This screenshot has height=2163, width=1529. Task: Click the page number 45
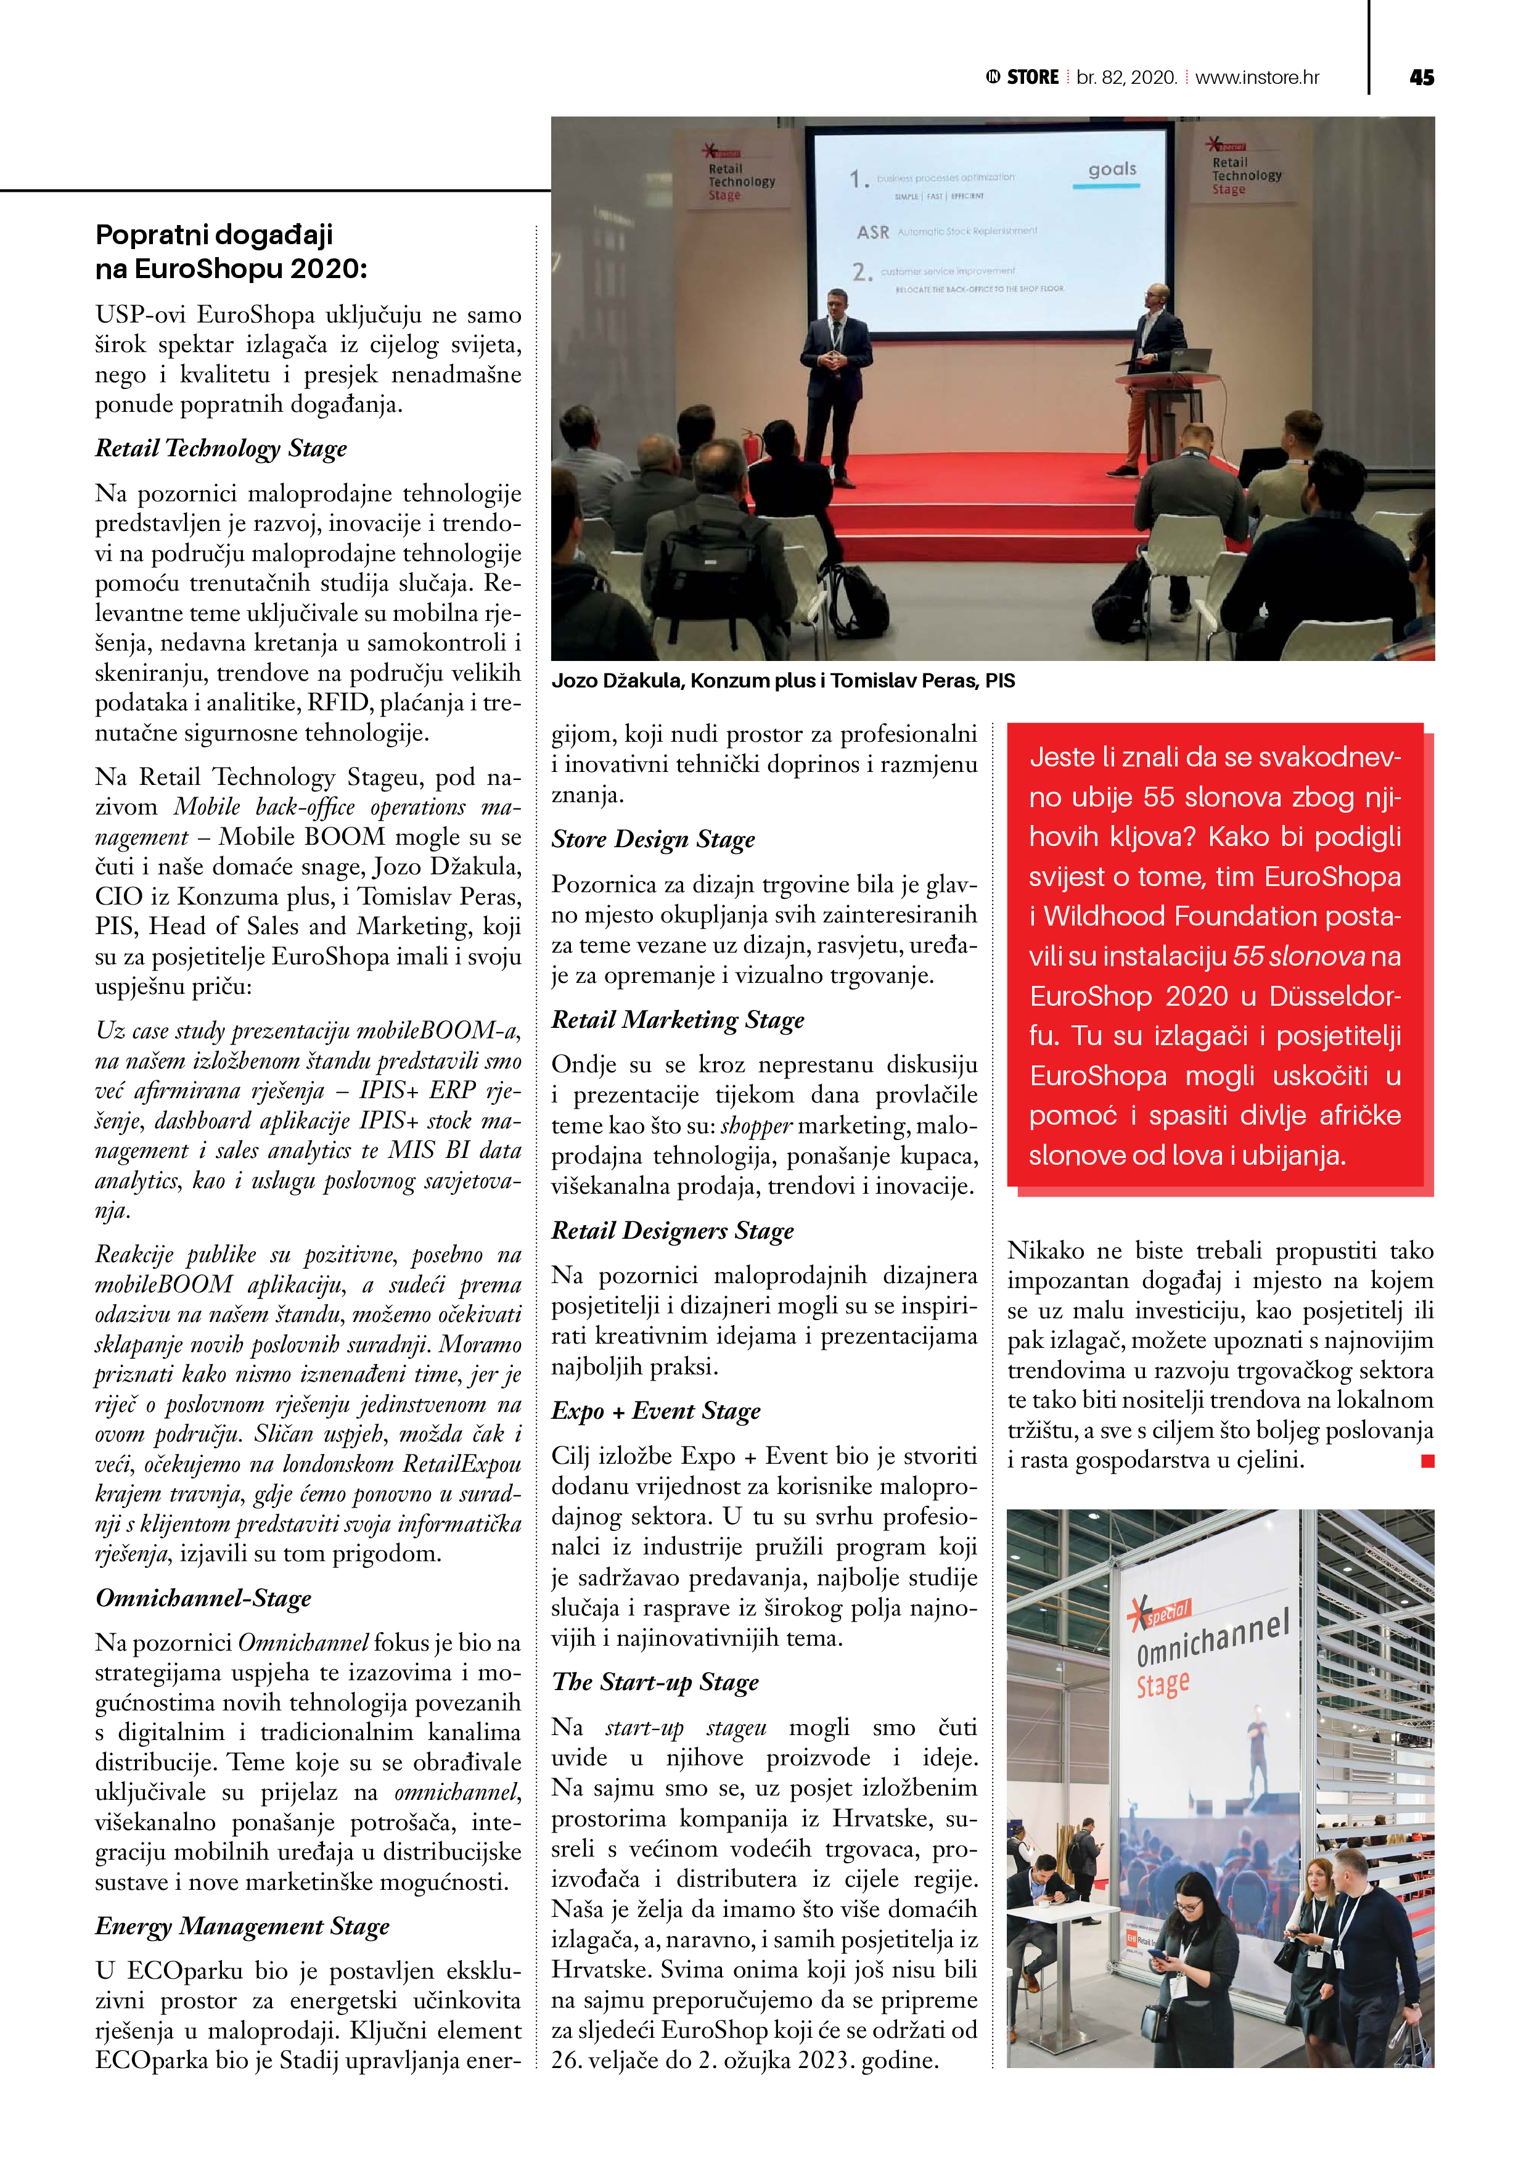(x=1420, y=77)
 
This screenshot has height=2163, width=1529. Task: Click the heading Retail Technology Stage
(x=221, y=448)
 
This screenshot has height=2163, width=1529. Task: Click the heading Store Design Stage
(x=653, y=839)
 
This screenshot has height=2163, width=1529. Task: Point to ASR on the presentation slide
(x=872, y=232)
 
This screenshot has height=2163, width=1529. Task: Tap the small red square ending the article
(x=1427, y=1461)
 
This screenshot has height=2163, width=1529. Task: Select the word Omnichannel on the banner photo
(x=1211, y=1640)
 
